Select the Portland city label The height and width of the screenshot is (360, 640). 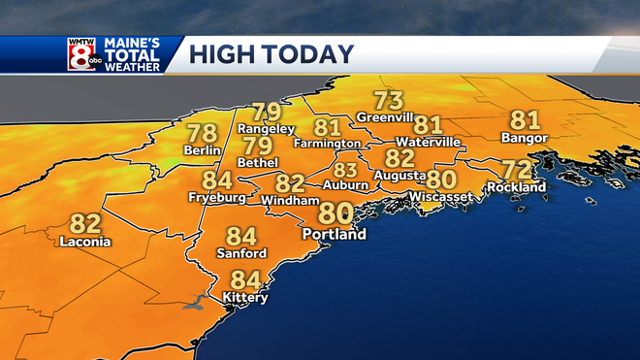[335, 235]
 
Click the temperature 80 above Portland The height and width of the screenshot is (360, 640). [336, 213]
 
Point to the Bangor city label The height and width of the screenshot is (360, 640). [525, 139]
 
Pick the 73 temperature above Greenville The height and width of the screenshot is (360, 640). [389, 100]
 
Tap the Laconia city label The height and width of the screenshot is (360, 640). [85, 242]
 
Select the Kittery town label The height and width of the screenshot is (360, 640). [245, 298]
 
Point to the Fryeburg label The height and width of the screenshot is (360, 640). [215, 198]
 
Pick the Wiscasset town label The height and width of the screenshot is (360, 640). [440, 197]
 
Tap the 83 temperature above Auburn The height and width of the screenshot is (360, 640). [345, 169]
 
